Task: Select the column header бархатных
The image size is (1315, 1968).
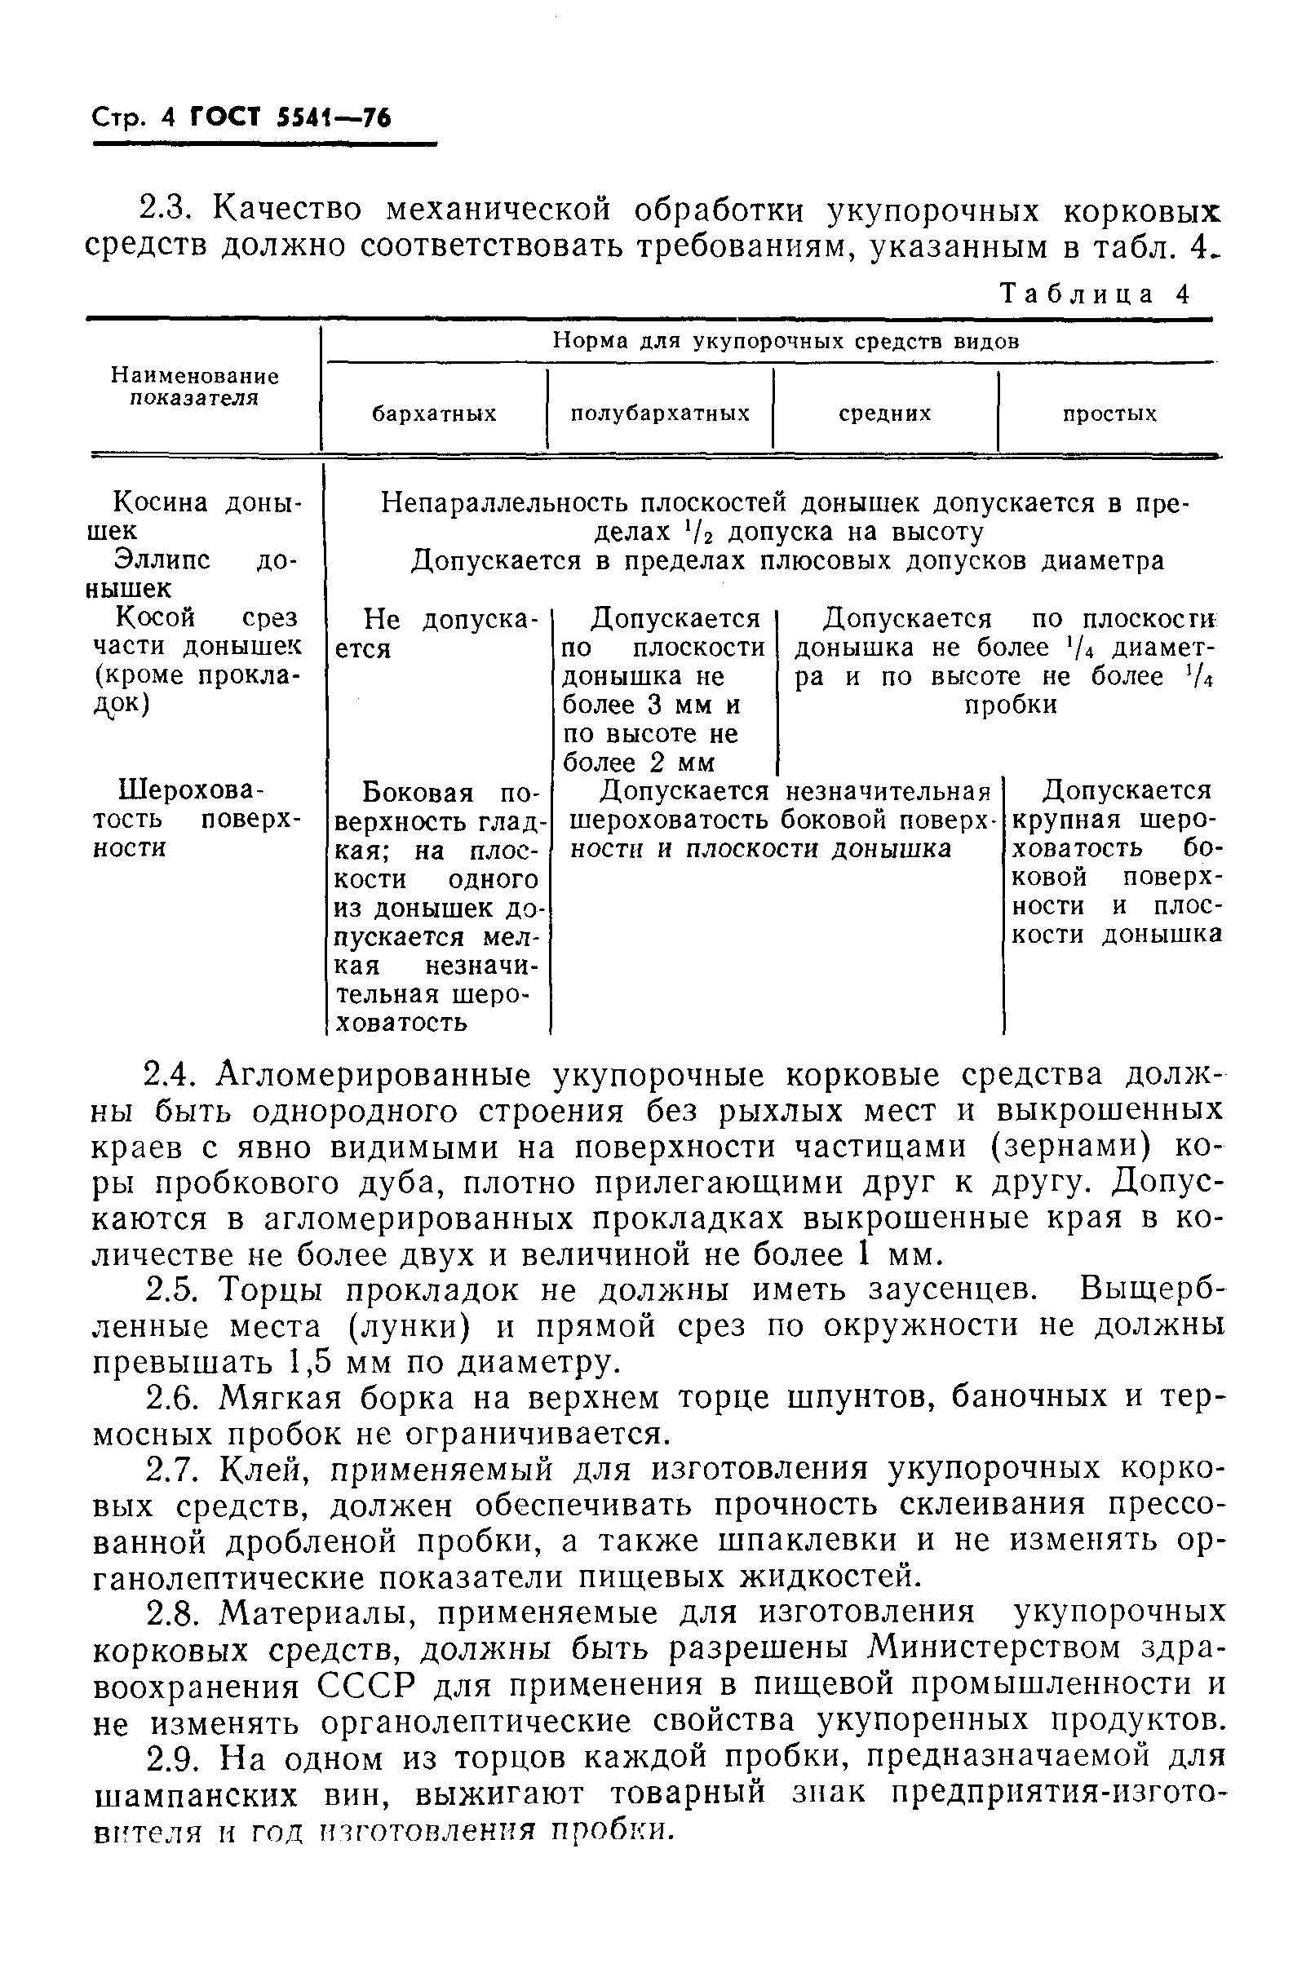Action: pos(434,414)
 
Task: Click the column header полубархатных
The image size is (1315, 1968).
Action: pos(660,414)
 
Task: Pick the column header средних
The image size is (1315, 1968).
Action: pos(885,414)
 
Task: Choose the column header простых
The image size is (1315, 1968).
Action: pos(1109,414)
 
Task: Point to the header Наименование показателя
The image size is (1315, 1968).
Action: pos(196,387)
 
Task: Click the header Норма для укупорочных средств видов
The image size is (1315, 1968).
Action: pos(785,341)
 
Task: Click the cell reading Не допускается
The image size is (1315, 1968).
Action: pos(436,634)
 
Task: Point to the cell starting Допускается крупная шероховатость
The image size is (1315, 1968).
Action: pos(1115,862)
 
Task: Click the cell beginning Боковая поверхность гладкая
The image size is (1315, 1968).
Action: pos(436,906)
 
